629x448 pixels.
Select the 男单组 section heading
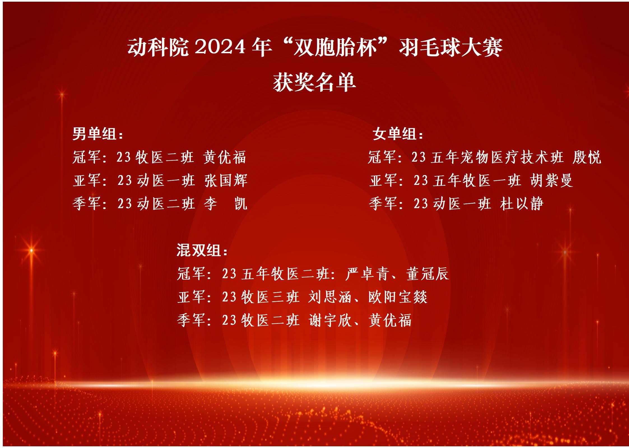[x=98, y=134]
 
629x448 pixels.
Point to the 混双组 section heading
[x=202, y=250]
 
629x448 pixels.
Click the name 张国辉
[x=226, y=180]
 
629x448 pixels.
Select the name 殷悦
[x=587, y=157]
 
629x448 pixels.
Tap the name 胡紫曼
[x=551, y=180]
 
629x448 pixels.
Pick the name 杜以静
[x=522, y=204]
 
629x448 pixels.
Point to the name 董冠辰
[x=428, y=273]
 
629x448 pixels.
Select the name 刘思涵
[x=330, y=297]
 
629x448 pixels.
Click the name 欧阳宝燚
[x=398, y=297]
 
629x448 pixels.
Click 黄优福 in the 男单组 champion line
[x=225, y=157]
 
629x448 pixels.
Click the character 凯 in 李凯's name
[x=241, y=204]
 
